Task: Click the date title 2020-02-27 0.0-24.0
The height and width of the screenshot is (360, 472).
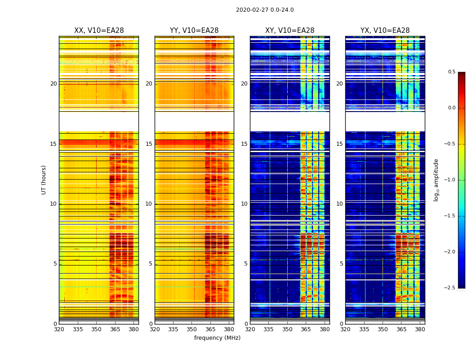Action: click(x=265, y=10)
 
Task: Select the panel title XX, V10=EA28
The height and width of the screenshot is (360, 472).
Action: click(x=99, y=31)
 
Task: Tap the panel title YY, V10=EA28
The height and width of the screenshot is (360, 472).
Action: click(x=194, y=31)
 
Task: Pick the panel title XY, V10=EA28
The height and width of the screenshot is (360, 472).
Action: click(x=289, y=31)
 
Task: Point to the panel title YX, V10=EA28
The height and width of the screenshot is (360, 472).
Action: click(x=385, y=31)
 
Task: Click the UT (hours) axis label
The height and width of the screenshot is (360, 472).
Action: click(x=44, y=180)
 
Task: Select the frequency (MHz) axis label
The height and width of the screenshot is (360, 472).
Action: click(x=217, y=338)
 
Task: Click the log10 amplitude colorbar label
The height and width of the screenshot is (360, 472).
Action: click(x=436, y=180)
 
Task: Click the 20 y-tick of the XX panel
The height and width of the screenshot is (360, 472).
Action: click(x=53, y=84)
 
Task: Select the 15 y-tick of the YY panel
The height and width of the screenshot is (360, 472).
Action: click(x=149, y=144)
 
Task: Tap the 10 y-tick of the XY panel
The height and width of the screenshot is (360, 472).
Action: click(x=244, y=204)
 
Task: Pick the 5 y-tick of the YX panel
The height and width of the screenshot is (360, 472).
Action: click(x=341, y=264)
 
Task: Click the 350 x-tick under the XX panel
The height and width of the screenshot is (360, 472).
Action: click(x=96, y=329)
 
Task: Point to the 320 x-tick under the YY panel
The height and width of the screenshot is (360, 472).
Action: click(x=155, y=329)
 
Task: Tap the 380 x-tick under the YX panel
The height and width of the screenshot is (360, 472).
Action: click(x=420, y=329)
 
